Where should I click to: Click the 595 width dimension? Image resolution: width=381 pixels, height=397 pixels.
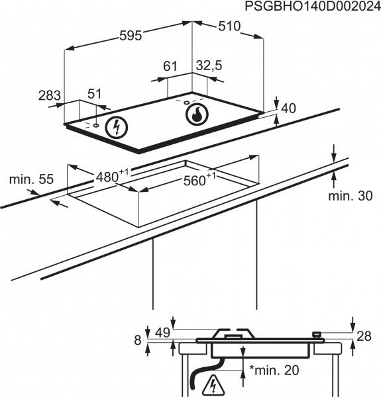tap(131, 36)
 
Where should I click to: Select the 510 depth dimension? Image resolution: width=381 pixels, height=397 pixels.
tap(228, 27)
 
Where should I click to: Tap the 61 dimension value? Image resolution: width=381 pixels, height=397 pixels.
tap(170, 66)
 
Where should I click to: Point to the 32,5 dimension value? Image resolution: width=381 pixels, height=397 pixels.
tap(208, 66)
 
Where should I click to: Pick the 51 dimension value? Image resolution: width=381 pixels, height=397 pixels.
tap(95, 94)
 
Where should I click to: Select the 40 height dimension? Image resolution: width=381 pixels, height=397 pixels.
tap(288, 109)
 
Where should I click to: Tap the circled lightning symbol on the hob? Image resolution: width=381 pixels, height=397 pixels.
tap(117, 126)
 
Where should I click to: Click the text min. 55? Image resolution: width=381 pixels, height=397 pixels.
tap(31, 179)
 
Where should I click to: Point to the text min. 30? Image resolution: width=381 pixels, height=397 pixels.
tap(351, 197)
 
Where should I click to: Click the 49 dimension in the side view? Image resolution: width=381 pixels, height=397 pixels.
tap(162, 332)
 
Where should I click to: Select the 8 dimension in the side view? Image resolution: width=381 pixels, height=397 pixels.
tap(137, 340)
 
